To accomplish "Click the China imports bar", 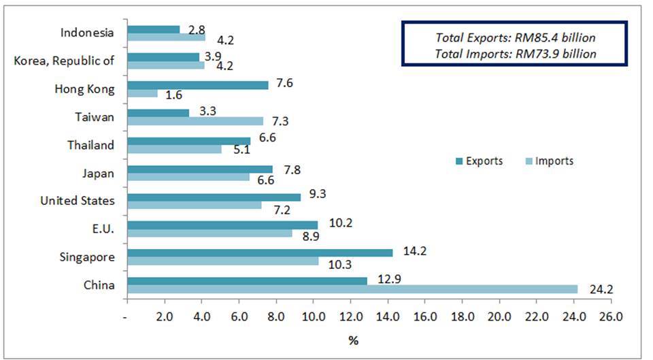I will pyautogui.click(x=352, y=289).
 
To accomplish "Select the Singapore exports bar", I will pyautogui.click(x=260, y=252).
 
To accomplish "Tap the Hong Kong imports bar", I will pyautogui.click(x=142, y=93).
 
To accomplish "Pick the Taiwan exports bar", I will pyautogui.click(x=158, y=112).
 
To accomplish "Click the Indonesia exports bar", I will pyautogui.click(x=153, y=29).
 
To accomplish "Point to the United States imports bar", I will pyautogui.click(x=194, y=205).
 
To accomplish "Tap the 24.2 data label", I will pyautogui.click(x=601, y=290).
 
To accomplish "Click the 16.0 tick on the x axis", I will pyautogui.click(x=424, y=317).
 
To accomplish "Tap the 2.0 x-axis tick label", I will pyautogui.click(x=164, y=317).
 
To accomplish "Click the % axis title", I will pyautogui.click(x=353, y=341).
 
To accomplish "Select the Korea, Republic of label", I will pyautogui.click(x=64, y=61).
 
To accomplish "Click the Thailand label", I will pyautogui.click(x=90, y=145).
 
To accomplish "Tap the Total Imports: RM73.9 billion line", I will pyautogui.click(x=514, y=53).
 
